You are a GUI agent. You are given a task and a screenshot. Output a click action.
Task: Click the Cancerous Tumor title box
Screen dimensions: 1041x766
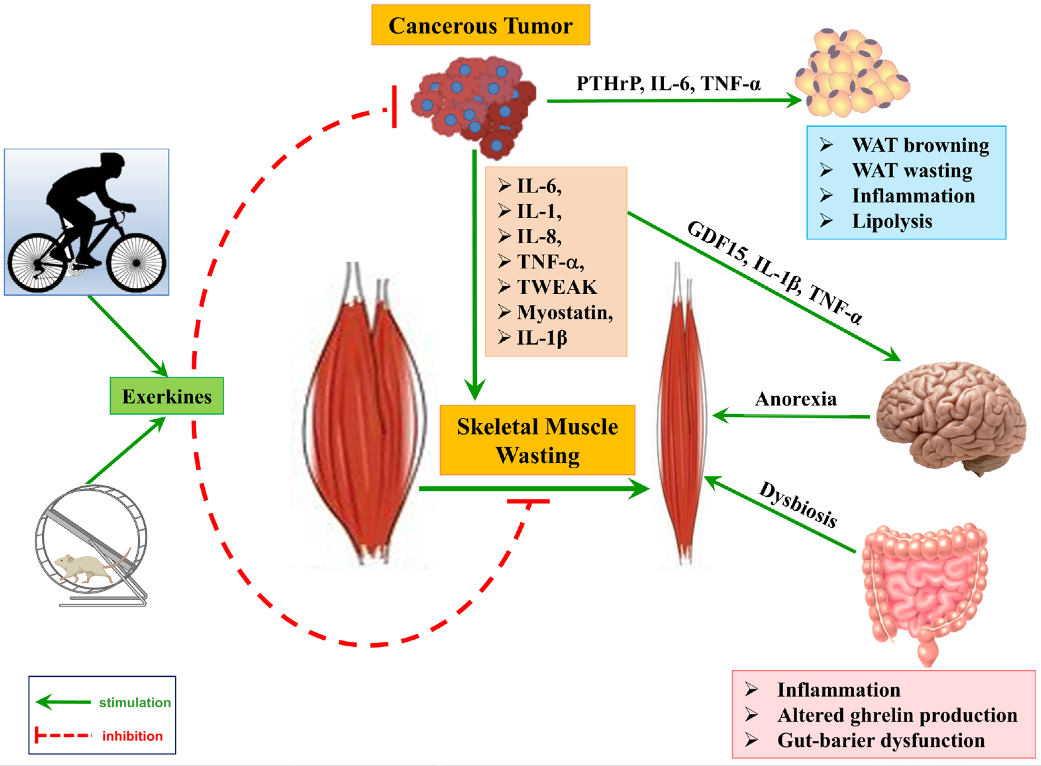click(x=481, y=25)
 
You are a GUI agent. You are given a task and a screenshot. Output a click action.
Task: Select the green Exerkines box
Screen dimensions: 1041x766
click(x=167, y=396)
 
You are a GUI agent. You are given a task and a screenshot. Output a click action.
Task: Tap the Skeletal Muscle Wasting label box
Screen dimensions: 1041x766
click(x=537, y=440)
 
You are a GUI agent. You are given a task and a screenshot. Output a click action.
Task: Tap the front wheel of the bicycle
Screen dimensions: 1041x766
click(x=136, y=263)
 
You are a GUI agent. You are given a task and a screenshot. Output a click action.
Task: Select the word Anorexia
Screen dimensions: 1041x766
click(x=796, y=399)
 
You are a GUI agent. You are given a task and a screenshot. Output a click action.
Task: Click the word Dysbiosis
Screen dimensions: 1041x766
click(x=798, y=505)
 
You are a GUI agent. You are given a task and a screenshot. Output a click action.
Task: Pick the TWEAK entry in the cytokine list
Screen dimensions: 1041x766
click(x=557, y=287)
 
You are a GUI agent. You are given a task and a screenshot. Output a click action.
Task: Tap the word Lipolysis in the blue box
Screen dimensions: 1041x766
click(x=892, y=221)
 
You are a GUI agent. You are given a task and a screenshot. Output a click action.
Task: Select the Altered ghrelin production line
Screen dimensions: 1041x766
click(x=898, y=715)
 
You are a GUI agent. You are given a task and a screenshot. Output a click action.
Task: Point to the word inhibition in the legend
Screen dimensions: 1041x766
click(x=132, y=736)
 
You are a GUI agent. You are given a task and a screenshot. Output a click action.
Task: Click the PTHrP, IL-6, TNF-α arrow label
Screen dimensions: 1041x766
click(x=668, y=83)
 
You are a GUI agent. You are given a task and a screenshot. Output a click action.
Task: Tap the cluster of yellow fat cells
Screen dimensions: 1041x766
click(x=852, y=73)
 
